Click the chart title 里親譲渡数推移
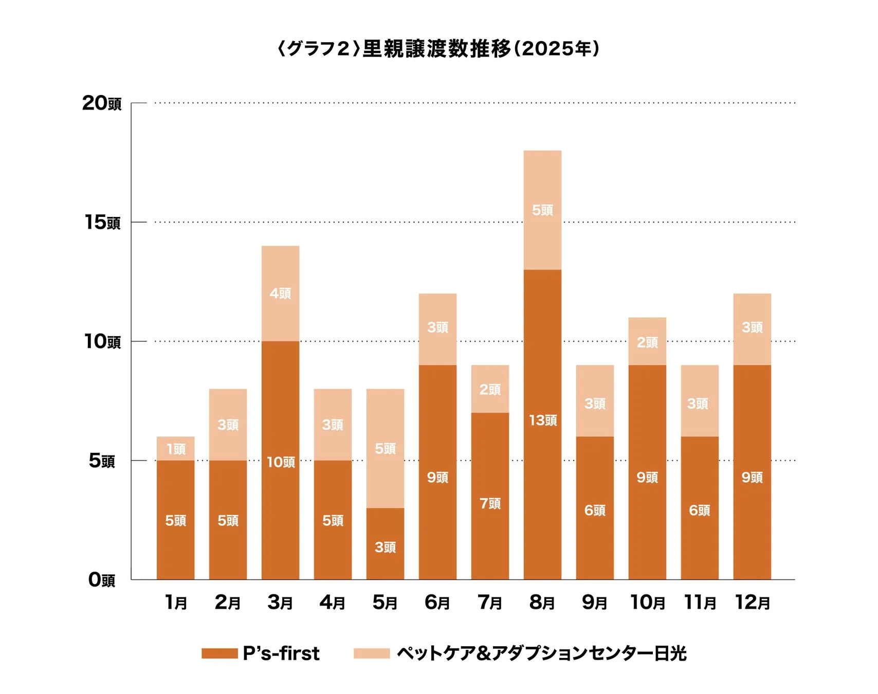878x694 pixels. click(x=438, y=49)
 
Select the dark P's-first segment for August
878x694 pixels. click(x=542, y=463)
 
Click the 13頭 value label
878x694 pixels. click(x=543, y=421)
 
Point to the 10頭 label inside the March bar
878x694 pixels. click(x=281, y=462)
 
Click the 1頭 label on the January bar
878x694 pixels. click(x=176, y=449)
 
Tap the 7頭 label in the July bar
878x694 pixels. click(x=490, y=504)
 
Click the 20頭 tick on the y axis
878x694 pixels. click(x=102, y=103)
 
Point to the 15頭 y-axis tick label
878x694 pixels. click(x=102, y=223)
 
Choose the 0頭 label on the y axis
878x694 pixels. click(x=101, y=580)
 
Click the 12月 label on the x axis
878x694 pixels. click(x=752, y=602)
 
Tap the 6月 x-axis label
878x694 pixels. click(x=437, y=602)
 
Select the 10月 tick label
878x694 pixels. click(x=647, y=602)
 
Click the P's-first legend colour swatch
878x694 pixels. click(x=219, y=653)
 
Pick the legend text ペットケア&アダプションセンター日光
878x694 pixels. click(x=541, y=653)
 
